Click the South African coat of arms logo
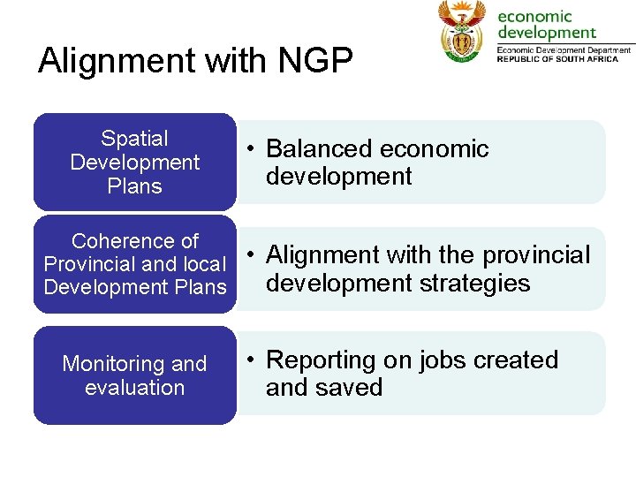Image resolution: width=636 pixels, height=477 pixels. point(462,32)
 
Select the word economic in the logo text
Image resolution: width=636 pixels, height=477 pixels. point(535,17)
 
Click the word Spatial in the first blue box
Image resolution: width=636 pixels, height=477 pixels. point(134,139)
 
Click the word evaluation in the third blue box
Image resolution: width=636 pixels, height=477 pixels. point(134,388)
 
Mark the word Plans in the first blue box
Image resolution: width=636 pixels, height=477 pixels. point(134,186)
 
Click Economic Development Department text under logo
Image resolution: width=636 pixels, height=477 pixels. point(564,50)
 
